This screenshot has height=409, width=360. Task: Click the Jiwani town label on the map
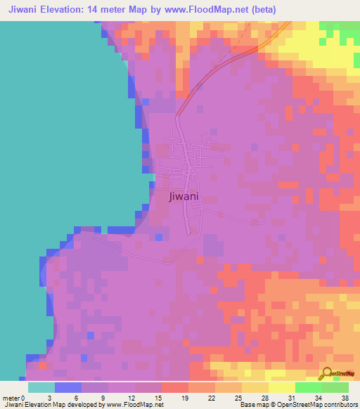[184, 197]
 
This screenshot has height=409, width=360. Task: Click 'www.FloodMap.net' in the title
[211, 10]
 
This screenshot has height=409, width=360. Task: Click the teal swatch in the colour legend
[41, 387]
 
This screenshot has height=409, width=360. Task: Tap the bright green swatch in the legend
[309, 387]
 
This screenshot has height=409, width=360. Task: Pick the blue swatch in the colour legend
[68, 387]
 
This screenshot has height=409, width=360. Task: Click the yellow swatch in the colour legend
[282, 387]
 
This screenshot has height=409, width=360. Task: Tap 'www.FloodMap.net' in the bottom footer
[134, 405]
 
